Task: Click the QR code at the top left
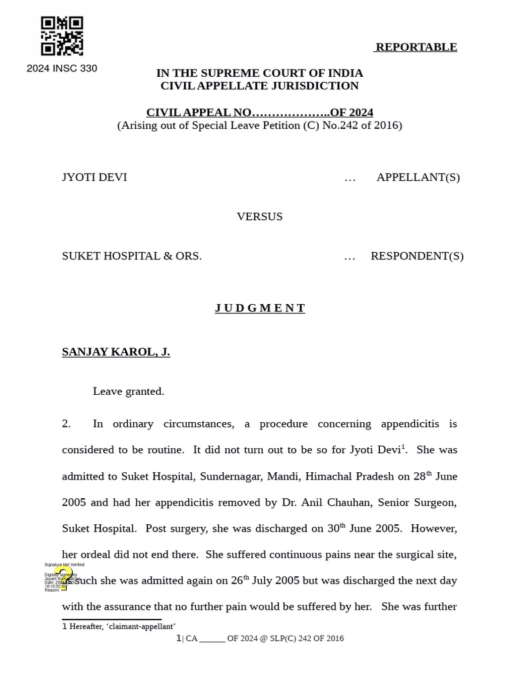coord(62,36)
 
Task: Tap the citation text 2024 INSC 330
coord(61,68)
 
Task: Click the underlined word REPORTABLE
coord(416,47)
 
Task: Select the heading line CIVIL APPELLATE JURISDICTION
coord(259,85)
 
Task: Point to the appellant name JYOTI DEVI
coord(94,177)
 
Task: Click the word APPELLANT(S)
coord(418,177)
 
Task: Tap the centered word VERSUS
coord(259,216)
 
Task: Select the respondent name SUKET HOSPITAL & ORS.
coord(131,255)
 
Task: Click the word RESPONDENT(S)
coord(417,255)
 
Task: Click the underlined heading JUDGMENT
coord(259,307)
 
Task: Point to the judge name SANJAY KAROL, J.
coord(115,352)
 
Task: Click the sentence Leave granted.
coord(128,391)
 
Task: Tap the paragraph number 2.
coord(66,424)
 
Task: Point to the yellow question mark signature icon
coord(64,578)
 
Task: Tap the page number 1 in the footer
coord(178,638)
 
